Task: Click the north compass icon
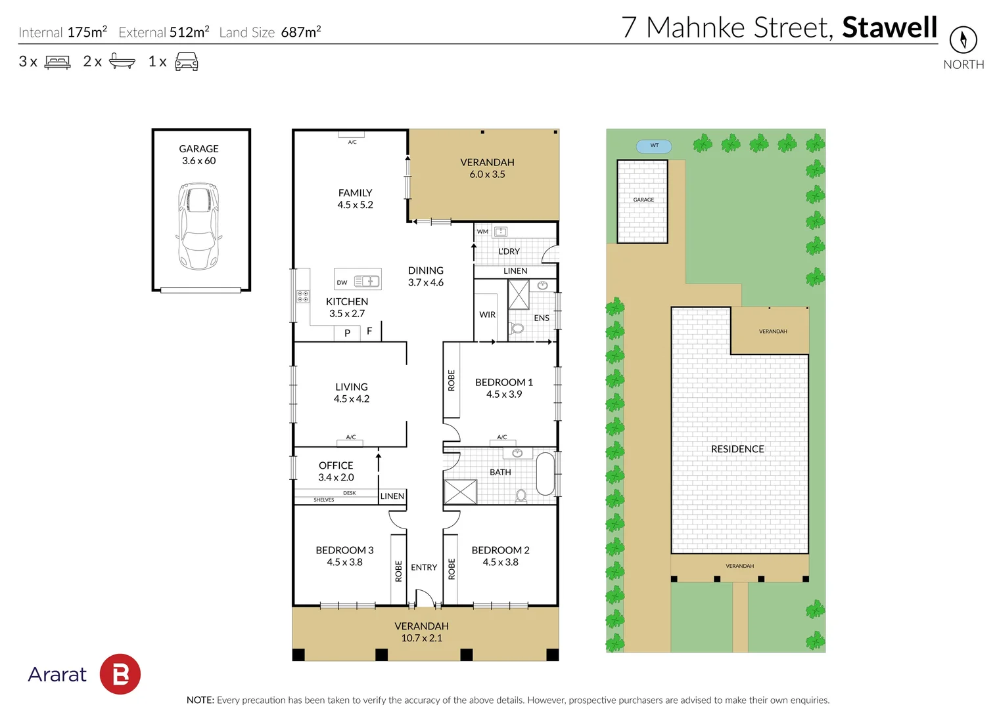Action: [963, 40]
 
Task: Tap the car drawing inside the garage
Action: [198, 226]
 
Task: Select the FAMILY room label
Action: [355, 193]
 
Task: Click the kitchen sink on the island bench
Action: [367, 281]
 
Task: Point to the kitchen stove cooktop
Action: [302, 296]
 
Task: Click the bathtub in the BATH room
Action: [545, 473]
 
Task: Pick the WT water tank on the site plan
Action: [654, 146]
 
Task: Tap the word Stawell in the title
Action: [889, 28]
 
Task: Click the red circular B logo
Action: [120, 674]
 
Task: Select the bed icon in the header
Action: [57, 62]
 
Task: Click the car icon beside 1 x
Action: [187, 62]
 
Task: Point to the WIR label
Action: [487, 314]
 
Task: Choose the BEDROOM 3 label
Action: [344, 550]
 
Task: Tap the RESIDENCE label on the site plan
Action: [737, 449]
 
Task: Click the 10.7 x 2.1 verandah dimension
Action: [421, 638]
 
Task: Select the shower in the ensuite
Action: [519, 294]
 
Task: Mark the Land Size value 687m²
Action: [300, 32]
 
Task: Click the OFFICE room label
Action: [336, 465]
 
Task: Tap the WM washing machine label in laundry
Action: [482, 231]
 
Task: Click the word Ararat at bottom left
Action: [57, 674]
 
